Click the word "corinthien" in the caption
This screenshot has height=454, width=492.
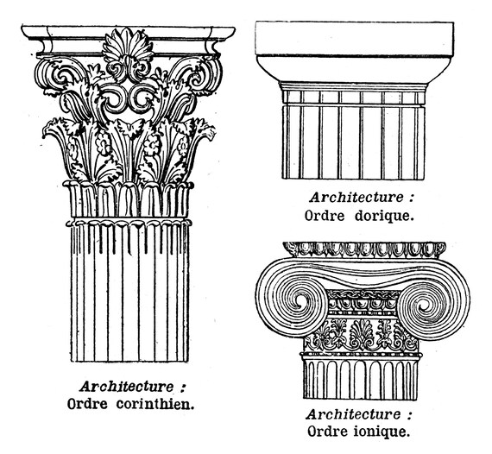155,404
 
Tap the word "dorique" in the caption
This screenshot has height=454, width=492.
382,216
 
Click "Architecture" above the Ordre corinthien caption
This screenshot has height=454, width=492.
127,387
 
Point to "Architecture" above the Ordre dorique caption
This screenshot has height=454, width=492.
356,198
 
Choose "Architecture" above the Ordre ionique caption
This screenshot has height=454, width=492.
353,414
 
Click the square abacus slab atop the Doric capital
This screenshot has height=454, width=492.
355,39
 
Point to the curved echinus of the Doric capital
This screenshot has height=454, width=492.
355,69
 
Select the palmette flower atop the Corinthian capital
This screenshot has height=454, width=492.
127,46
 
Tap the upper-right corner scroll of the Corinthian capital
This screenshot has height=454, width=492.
197,75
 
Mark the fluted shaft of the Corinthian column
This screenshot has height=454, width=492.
129,292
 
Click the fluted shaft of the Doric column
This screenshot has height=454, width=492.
354,142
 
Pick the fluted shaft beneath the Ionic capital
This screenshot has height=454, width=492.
360,379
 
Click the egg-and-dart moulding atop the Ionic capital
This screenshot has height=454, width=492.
364,249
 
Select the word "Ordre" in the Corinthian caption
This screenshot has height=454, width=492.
87,404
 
